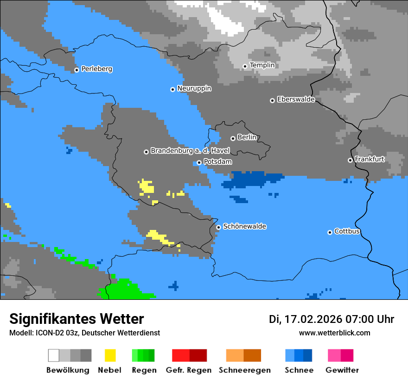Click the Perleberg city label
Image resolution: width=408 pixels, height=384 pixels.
tap(96, 69)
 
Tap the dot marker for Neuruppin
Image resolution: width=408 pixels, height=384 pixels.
tap(172, 89)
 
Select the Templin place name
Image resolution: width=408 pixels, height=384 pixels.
tap(262, 65)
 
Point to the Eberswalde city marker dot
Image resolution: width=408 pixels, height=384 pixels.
tap(272, 100)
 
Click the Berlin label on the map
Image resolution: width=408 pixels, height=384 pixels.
tap(247, 137)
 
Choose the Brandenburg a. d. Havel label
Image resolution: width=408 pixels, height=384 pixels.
tap(190, 151)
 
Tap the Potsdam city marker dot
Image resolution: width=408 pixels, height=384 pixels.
tap(199, 162)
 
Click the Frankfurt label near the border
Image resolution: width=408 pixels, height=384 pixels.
tap(370, 159)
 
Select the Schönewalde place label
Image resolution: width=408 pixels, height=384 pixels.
tap(244, 227)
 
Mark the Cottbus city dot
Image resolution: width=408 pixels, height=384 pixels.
tap(330, 232)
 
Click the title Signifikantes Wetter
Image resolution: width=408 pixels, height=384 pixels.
tap(76, 319)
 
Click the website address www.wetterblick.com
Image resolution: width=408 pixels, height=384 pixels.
tap(334, 333)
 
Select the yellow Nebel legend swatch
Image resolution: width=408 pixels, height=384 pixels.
tap(110, 355)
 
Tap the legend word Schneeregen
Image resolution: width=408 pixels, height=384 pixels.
tap(244, 370)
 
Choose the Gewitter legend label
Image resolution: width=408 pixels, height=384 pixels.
tap(342, 370)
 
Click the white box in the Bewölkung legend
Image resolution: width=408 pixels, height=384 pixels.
tap(54, 355)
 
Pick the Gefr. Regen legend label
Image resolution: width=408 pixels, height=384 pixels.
tap(189, 370)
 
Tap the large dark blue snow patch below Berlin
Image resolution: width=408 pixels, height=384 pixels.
tap(253, 179)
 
